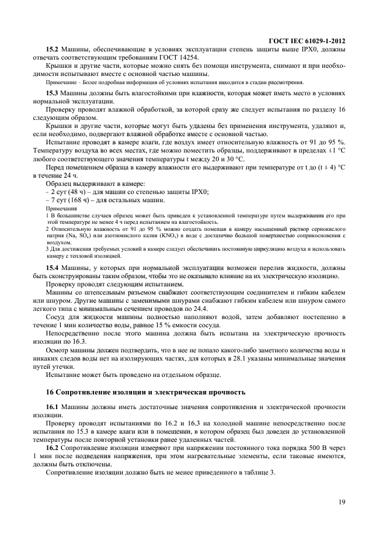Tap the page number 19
341,501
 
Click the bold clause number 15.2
53,50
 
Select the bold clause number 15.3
53,94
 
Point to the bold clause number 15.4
53,266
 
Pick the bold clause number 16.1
53,406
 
